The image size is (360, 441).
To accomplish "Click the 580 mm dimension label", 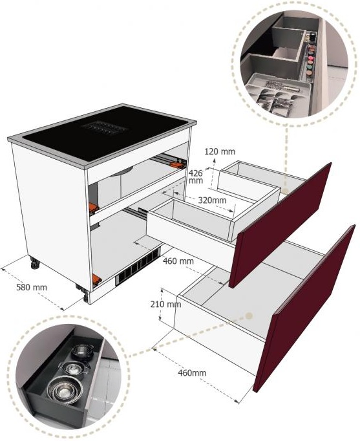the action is tap(32, 288).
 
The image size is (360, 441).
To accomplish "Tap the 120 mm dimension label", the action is tap(220, 151).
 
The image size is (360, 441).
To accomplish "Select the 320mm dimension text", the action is tap(212, 200).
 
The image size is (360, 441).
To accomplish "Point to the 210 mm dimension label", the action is tap(165, 305).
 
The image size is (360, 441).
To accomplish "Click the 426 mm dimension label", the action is tap(196, 177).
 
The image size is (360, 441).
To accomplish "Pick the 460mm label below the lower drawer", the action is tap(192, 373).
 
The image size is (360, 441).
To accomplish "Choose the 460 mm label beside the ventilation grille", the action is tap(178, 261).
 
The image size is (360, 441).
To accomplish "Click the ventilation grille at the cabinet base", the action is tap(139, 268).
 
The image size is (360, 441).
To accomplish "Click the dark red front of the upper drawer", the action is tap(280, 224).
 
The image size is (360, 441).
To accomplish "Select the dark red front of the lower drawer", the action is tap(304, 308).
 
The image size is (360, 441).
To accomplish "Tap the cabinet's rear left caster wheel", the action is tap(35, 264).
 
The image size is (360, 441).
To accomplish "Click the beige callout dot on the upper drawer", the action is tap(285, 191).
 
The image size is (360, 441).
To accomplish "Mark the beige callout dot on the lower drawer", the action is tap(249, 316).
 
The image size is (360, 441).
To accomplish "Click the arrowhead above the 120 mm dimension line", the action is tap(214, 160).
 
